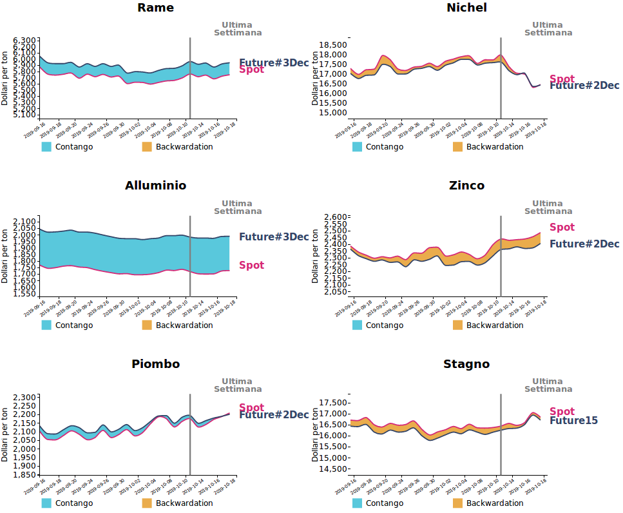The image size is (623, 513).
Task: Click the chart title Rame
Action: tap(155, 8)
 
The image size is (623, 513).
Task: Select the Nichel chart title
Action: tap(466, 8)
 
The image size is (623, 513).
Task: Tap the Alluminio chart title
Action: tap(155, 186)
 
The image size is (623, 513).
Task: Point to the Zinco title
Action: tap(466, 186)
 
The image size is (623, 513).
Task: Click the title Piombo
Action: tap(155, 364)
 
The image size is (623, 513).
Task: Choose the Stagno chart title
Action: tap(466, 364)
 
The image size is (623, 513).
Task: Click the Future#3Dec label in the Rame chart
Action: tap(274, 63)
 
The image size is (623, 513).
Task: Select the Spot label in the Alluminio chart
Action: tap(251, 265)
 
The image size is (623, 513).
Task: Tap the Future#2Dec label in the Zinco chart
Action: tap(584, 244)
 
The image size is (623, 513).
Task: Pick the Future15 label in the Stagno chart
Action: tap(573, 421)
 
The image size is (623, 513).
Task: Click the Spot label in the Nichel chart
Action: tap(562, 79)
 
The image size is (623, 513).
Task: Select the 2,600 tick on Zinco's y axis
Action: tap(334, 217)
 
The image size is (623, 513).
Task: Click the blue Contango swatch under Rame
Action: tap(46, 147)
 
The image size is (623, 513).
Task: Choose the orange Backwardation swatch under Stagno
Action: tap(457, 503)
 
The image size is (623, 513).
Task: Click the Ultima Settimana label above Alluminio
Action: tap(238, 207)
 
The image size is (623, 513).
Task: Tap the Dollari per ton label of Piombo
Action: tap(5, 434)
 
